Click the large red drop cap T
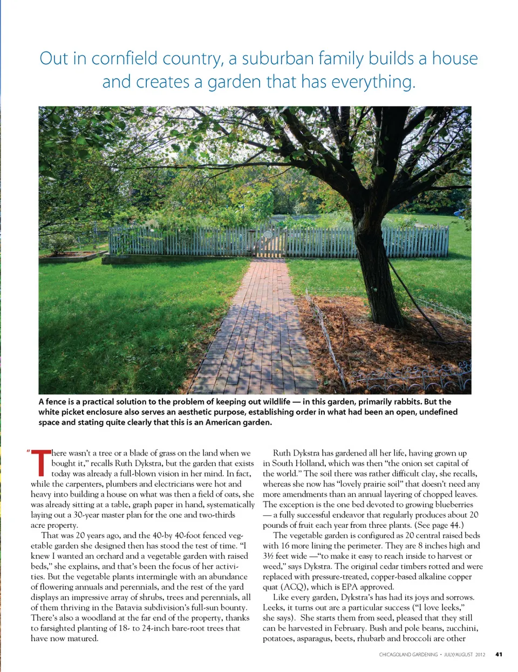click(x=40, y=463)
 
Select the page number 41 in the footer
click(x=499, y=655)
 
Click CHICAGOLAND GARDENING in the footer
click(x=408, y=655)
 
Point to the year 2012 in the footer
click(x=480, y=655)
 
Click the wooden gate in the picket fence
click(x=270, y=241)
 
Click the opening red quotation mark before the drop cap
click(x=28, y=451)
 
